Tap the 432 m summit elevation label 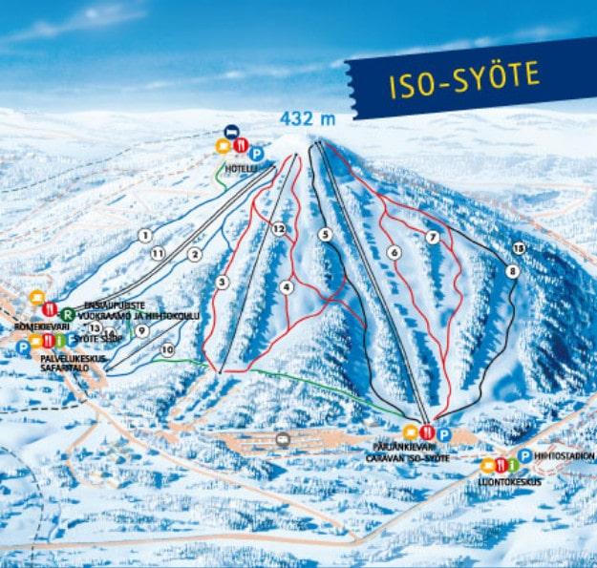coord(307,119)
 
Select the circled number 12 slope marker coord(279,229)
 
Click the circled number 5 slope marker coord(326,233)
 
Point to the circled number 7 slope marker coord(434,237)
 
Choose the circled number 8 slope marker coord(514,271)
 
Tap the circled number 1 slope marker coord(144,235)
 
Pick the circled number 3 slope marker coord(223,282)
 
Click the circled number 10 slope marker coord(168,350)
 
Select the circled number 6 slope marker coord(394,252)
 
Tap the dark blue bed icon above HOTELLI coord(230,131)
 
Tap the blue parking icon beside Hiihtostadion coord(525,455)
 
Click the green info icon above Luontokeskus coord(514,466)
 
